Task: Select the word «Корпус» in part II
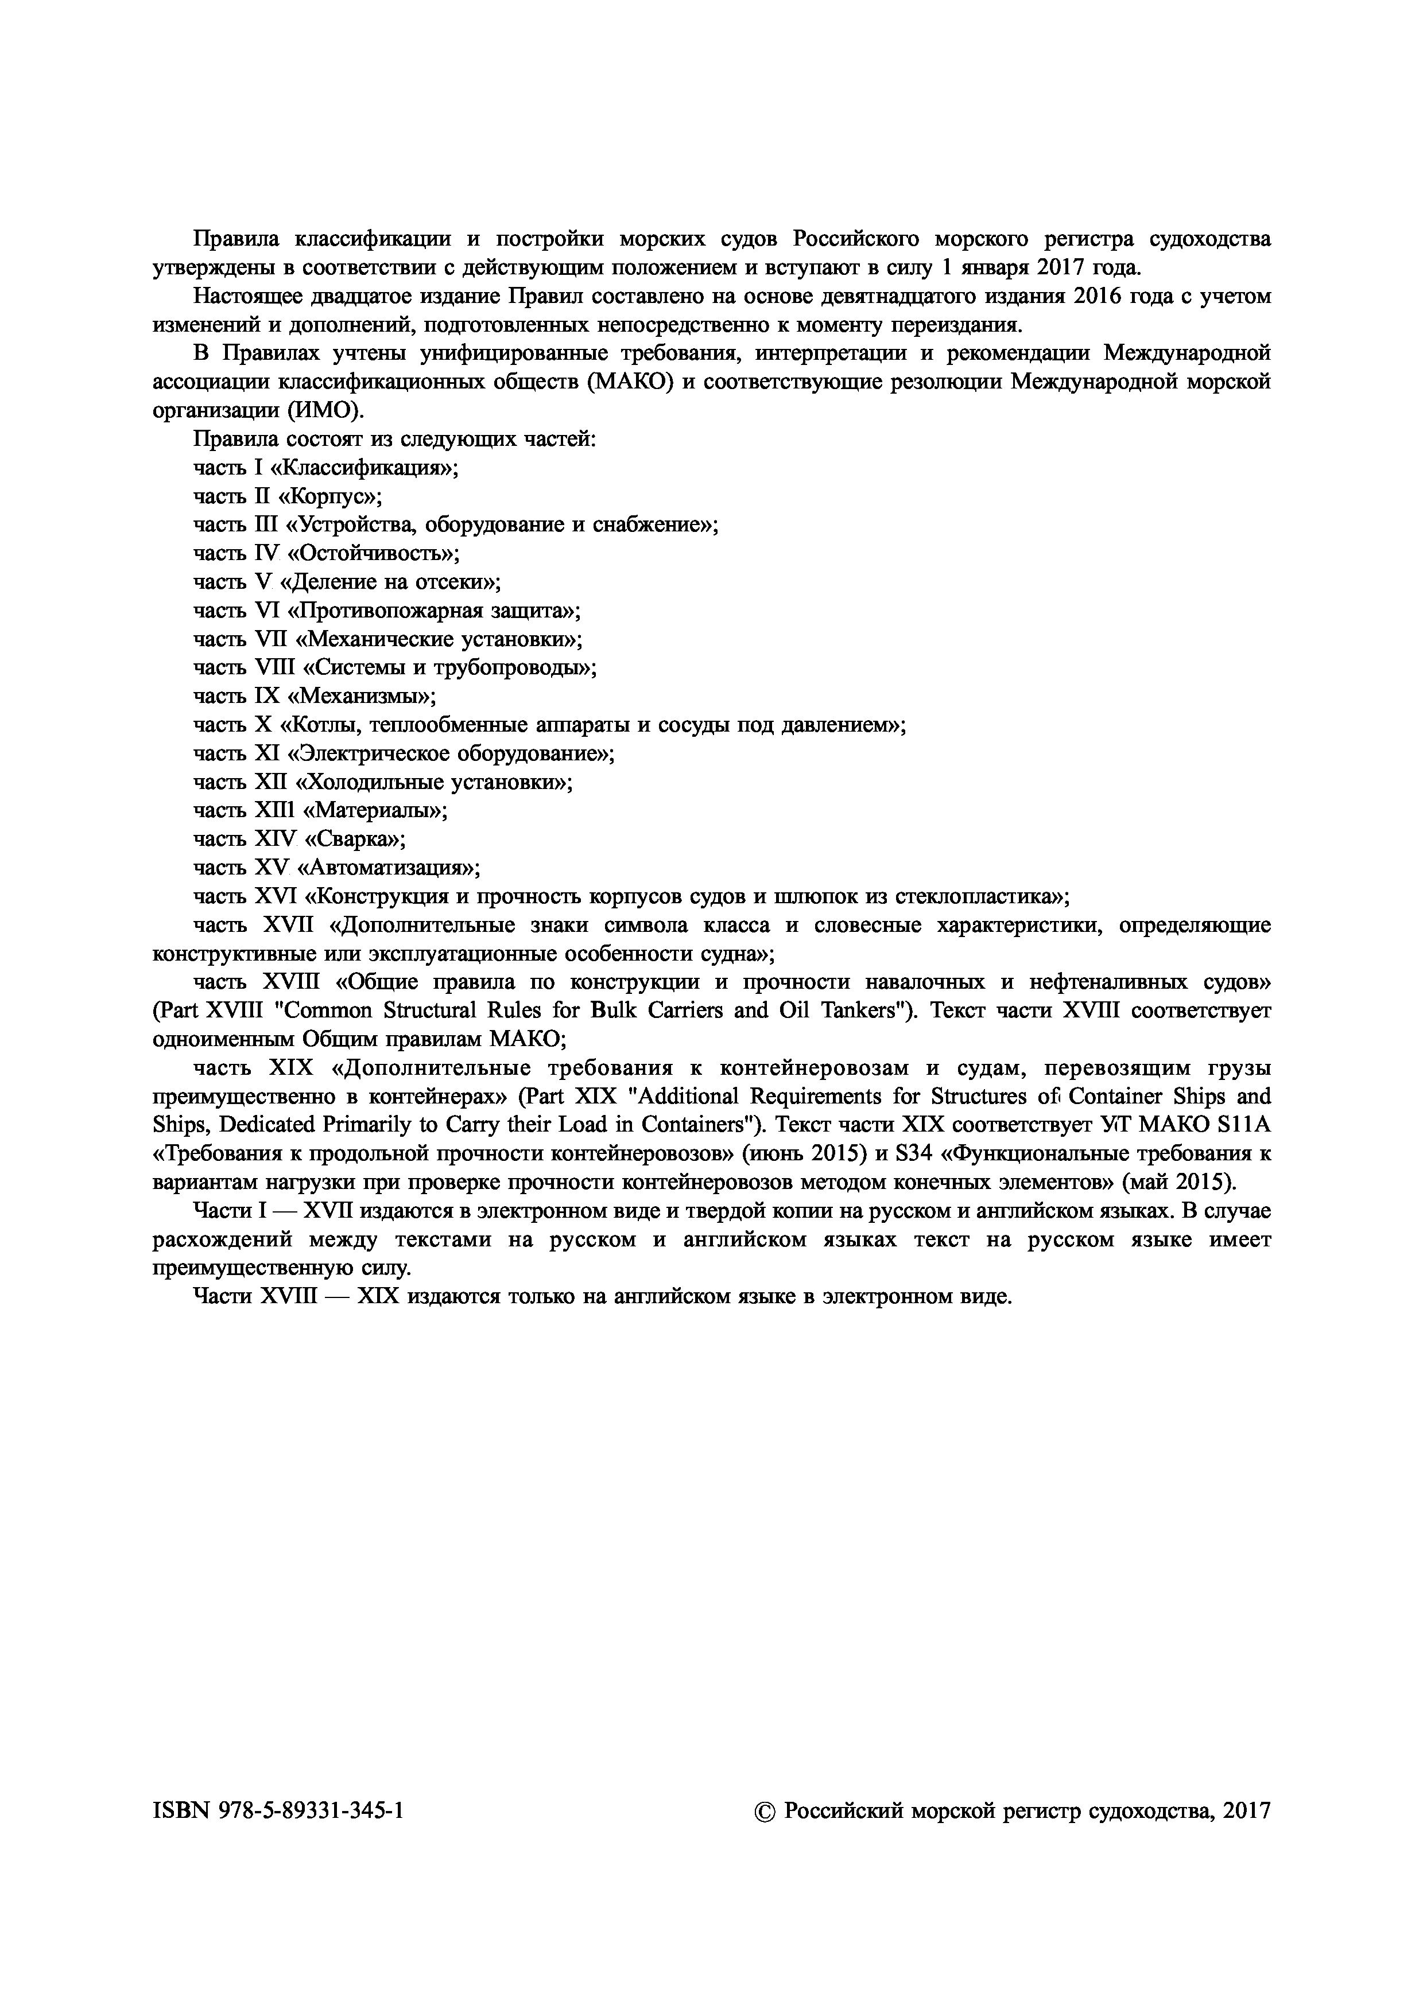[331, 496]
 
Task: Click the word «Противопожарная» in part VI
[378, 610]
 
